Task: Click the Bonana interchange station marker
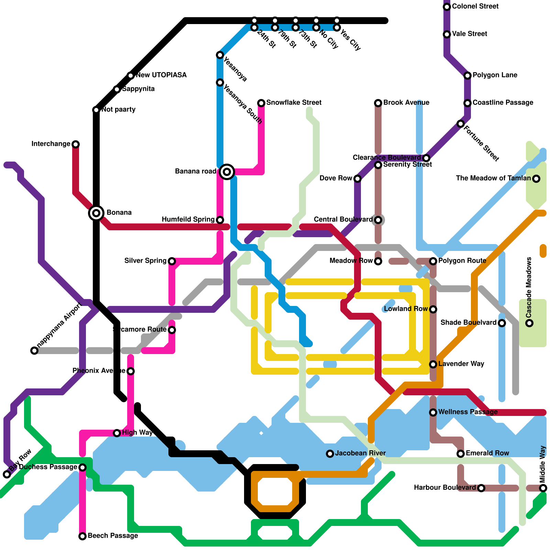(x=96, y=213)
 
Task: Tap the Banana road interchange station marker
(x=227, y=172)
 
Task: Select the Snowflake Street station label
(x=294, y=102)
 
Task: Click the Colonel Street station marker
(x=447, y=7)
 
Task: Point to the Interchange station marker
(x=76, y=144)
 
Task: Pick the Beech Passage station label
(x=113, y=536)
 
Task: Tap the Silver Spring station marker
(x=172, y=261)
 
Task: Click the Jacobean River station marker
(x=330, y=454)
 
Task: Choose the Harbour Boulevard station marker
(x=481, y=488)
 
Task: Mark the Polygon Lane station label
(x=495, y=75)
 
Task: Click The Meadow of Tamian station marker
(x=536, y=178)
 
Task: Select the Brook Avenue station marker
(x=378, y=103)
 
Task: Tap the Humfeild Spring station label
(x=188, y=219)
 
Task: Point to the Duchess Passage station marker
(x=82, y=467)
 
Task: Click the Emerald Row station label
(x=487, y=453)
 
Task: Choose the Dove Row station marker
(x=357, y=178)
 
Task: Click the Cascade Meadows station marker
(x=530, y=323)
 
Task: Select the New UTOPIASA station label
(x=161, y=75)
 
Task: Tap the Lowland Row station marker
(x=433, y=309)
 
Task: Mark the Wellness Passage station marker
(x=433, y=412)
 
